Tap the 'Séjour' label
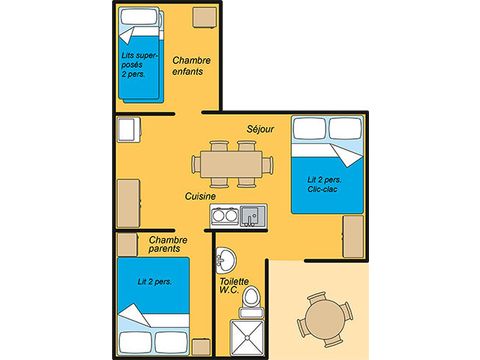coord(260,129)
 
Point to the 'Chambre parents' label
coord(169,243)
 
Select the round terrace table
coord(322,320)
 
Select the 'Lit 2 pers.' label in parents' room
coord(155,282)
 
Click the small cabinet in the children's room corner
coord(206,17)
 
